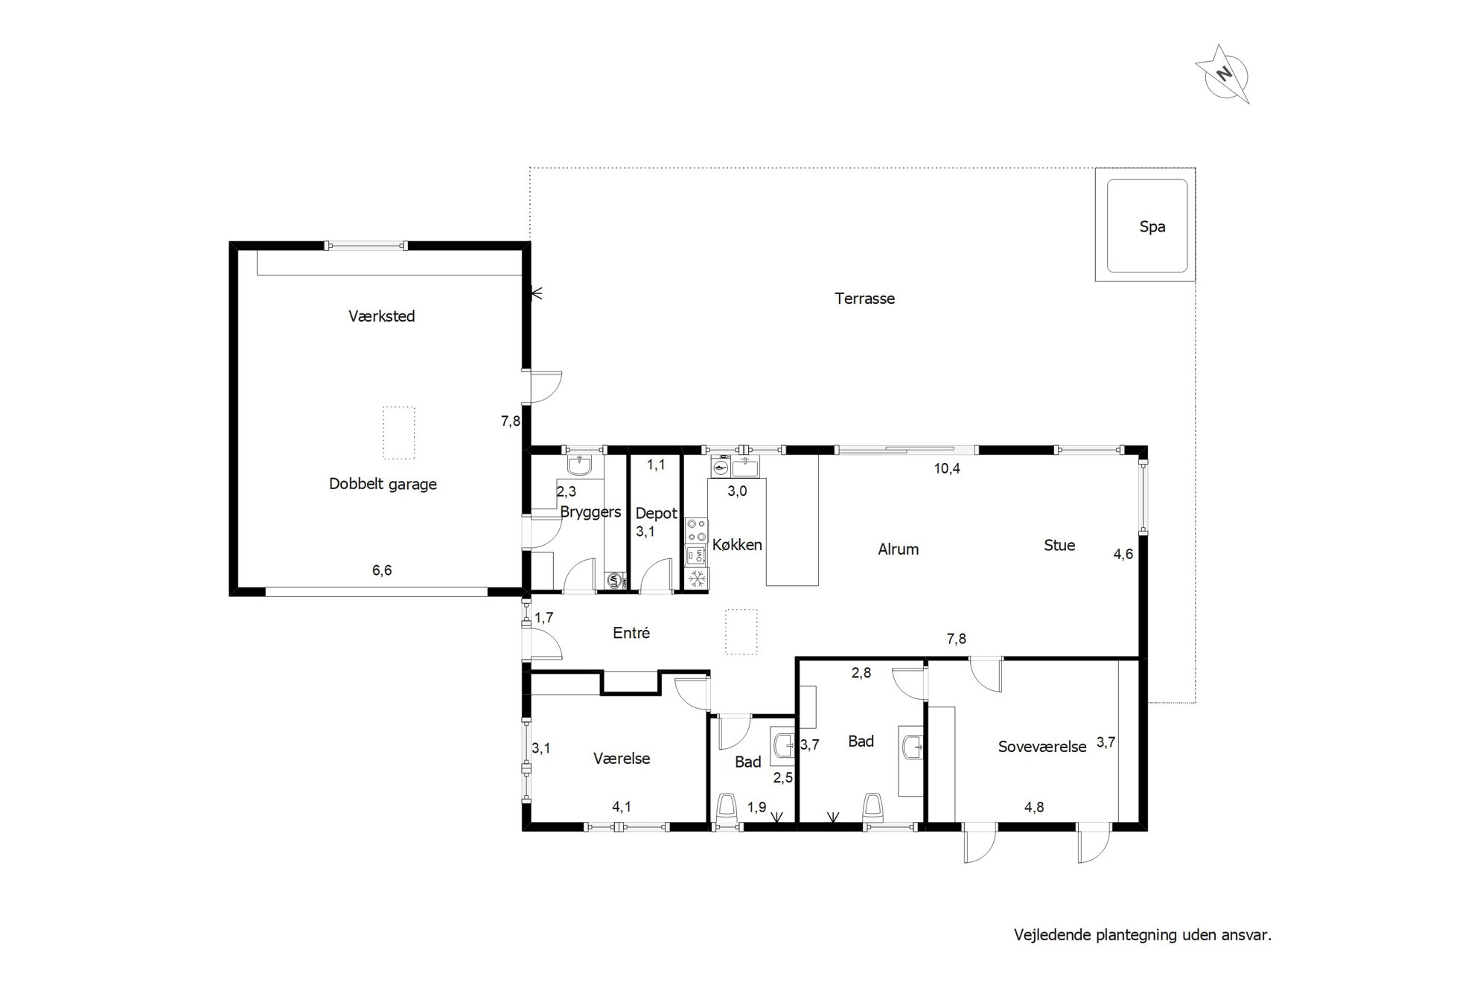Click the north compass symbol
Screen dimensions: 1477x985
coord(1222,74)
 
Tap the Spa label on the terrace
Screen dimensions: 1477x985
coord(1152,227)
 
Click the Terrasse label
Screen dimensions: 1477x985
coord(864,299)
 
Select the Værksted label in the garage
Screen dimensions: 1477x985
coord(381,316)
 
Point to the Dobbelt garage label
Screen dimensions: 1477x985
coord(383,484)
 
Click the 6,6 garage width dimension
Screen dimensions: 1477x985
coord(382,570)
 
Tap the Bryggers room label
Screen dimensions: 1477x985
coord(590,512)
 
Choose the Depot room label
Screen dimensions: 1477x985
coord(656,514)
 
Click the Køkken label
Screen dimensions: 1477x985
coord(737,545)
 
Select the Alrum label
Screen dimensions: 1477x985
coord(898,549)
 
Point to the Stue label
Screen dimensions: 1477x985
coord(1059,546)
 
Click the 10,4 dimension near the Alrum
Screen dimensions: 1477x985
coord(947,468)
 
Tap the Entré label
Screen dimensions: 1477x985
coord(631,633)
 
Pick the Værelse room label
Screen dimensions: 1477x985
coord(622,759)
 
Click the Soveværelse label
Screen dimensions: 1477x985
coord(1042,747)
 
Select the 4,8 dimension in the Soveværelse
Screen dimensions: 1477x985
coord(1034,807)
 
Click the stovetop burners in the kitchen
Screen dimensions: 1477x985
coord(697,531)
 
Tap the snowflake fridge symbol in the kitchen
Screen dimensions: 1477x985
coord(697,579)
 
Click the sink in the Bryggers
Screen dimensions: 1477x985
coord(579,465)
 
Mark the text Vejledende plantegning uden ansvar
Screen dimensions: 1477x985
coord(1143,935)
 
